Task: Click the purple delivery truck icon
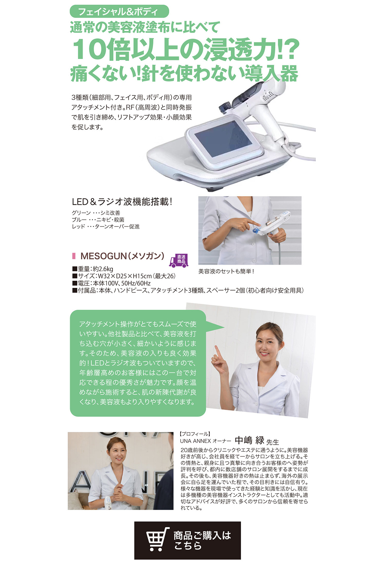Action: [179, 260]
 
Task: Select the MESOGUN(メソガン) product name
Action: [122, 256]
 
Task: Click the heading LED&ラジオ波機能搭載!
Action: [122, 202]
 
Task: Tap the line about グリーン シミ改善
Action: [96, 213]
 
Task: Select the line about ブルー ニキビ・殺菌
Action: [98, 220]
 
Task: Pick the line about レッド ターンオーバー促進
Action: [106, 226]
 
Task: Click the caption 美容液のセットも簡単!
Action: [226, 271]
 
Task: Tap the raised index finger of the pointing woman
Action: [217, 351]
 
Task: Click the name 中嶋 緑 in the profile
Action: [250, 440]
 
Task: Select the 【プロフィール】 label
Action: [195, 434]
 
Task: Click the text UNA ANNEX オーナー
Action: [205, 441]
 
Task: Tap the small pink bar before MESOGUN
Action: [74, 256]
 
